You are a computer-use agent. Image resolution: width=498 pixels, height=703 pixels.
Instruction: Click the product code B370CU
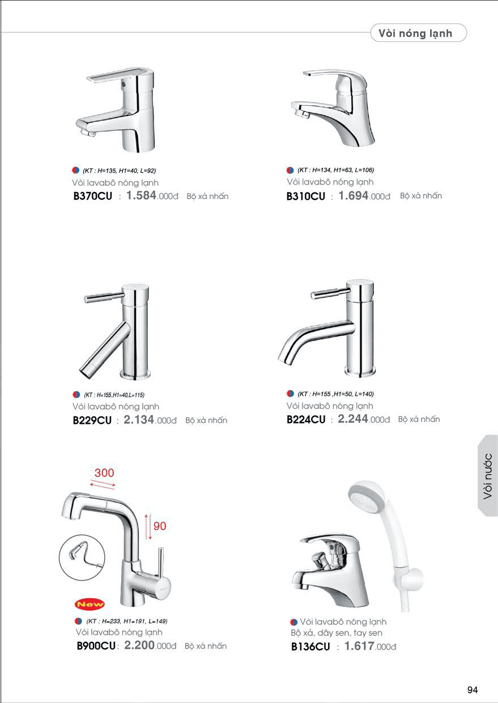coord(92,196)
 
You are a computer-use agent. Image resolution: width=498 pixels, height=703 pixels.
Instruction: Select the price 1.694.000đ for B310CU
coord(364,196)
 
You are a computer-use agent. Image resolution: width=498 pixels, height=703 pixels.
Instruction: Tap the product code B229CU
coord(92,420)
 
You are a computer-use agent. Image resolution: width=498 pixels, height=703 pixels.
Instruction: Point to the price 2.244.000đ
coord(363,419)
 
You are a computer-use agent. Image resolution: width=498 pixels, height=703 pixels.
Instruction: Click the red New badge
coord(90,604)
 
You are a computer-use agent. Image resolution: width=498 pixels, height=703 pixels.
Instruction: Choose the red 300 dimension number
coord(104,472)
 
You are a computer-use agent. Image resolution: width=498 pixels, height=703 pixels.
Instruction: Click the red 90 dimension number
coord(160,526)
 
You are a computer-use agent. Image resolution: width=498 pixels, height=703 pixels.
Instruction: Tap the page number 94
coord(473,689)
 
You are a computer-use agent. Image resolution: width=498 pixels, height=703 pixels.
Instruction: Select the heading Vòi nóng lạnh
coord(415,33)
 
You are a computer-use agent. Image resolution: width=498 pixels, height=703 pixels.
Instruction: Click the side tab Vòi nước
coord(487,476)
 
